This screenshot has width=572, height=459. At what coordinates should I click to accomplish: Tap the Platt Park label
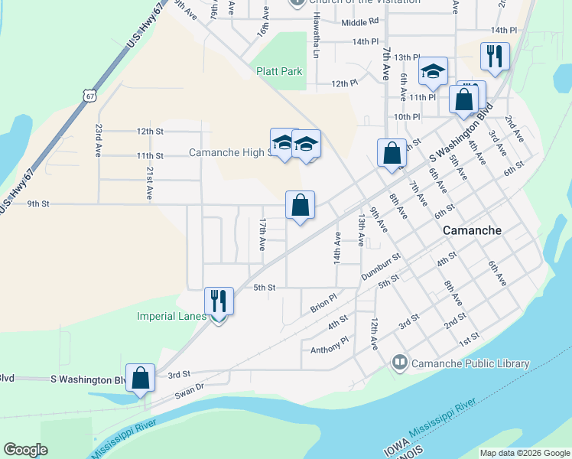click(279, 71)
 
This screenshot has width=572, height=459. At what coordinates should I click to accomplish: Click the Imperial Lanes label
click(171, 316)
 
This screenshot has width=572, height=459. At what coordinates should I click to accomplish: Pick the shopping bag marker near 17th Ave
click(301, 205)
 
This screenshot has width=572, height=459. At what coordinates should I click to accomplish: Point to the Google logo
click(26, 450)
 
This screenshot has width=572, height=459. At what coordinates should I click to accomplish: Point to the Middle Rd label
click(360, 22)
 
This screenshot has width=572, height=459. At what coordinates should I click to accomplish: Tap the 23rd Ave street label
click(99, 141)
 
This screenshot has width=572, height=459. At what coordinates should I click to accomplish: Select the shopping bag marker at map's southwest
click(140, 378)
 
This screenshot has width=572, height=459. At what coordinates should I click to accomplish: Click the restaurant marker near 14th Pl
click(495, 56)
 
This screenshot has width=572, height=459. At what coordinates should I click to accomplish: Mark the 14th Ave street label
click(336, 249)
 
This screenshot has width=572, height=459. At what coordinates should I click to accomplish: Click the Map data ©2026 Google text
click(525, 453)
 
